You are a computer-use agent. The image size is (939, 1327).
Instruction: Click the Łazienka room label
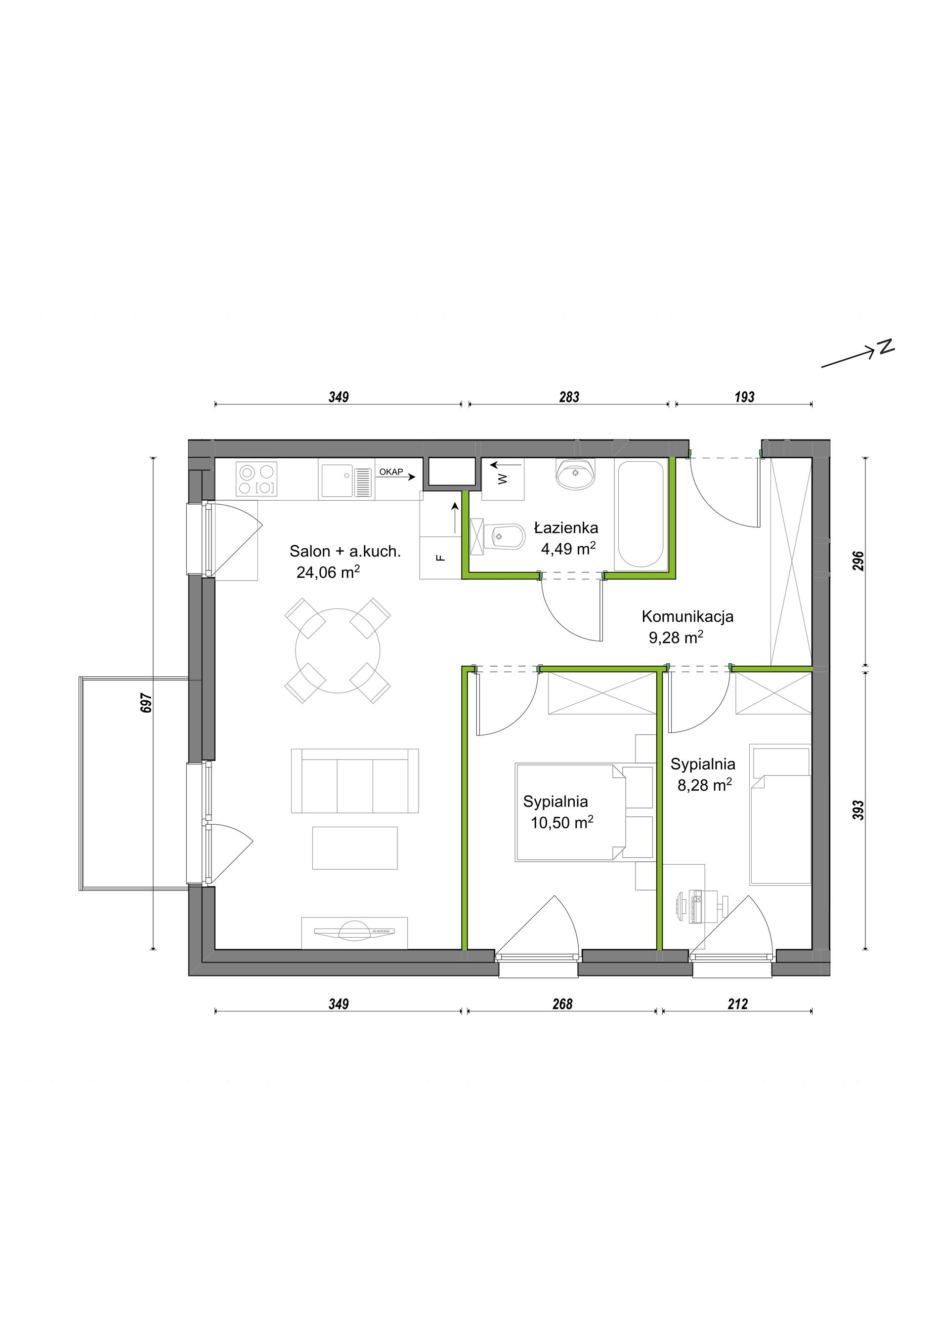[x=565, y=527]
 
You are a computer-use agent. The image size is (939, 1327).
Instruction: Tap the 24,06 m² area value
[x=328, y=572]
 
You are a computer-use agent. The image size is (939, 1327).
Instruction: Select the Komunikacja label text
[x=687, y=616]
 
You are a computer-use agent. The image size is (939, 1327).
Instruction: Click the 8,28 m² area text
[x=705, y=785]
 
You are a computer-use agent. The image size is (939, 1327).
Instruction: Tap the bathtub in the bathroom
[x=640, y=514]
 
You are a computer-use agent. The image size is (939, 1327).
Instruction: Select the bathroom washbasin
[x=575, y=474]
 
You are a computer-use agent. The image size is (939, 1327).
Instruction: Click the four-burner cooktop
[x=256, y=480]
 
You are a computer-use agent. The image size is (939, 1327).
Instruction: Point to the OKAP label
[x=391, y=472]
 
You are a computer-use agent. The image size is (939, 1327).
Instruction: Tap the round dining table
[x=338, y=651]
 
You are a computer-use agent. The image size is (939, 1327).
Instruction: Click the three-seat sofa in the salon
[x=355, y=781]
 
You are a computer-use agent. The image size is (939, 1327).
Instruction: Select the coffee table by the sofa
[x=355, y=848]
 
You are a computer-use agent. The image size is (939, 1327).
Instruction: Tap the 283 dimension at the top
[x=569, y=397]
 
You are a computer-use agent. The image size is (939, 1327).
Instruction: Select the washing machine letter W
[x=503, y=479]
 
